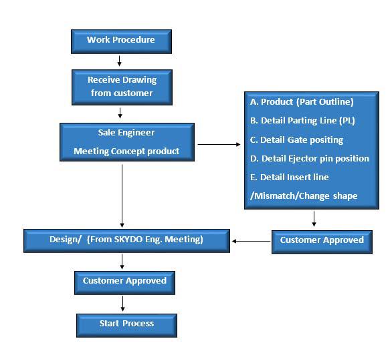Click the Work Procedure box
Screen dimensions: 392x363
coord(121,41)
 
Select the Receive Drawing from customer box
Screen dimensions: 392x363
coord(122,87)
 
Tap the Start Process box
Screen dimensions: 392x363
coord(126,326)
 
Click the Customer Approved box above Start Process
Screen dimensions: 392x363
coord(124,283)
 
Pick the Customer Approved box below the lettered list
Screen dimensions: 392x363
coord(322,242)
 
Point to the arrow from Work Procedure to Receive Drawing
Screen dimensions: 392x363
coord(120,61)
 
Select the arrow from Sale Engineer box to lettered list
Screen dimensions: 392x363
coord(219,144)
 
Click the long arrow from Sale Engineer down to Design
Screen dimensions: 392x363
coord(122,196)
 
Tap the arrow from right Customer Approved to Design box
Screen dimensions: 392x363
coord(251,241)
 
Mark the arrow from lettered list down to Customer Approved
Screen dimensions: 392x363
coord(314,219)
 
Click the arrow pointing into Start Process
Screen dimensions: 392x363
coord(122,304)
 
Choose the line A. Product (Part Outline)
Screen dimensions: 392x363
coord(302,101)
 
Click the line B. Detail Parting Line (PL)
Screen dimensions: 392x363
coord(302,121)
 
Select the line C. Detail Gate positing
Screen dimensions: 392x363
coord(296,140)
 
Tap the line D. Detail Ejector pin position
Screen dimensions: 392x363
coord(310,159)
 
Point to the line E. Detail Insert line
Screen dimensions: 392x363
coord(289,177)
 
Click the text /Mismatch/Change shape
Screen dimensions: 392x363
coord(304,196)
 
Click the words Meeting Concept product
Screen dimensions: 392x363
coord(126,151)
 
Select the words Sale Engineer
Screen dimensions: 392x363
coord(126,133)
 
